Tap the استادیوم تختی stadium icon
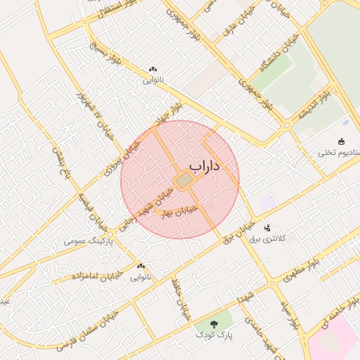click(342, 141)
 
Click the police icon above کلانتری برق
click(267, 228)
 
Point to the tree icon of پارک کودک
click(214, 323)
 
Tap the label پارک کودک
click(214, 334)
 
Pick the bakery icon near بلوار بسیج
click(153, 70)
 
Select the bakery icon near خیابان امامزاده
click(141, 266)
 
